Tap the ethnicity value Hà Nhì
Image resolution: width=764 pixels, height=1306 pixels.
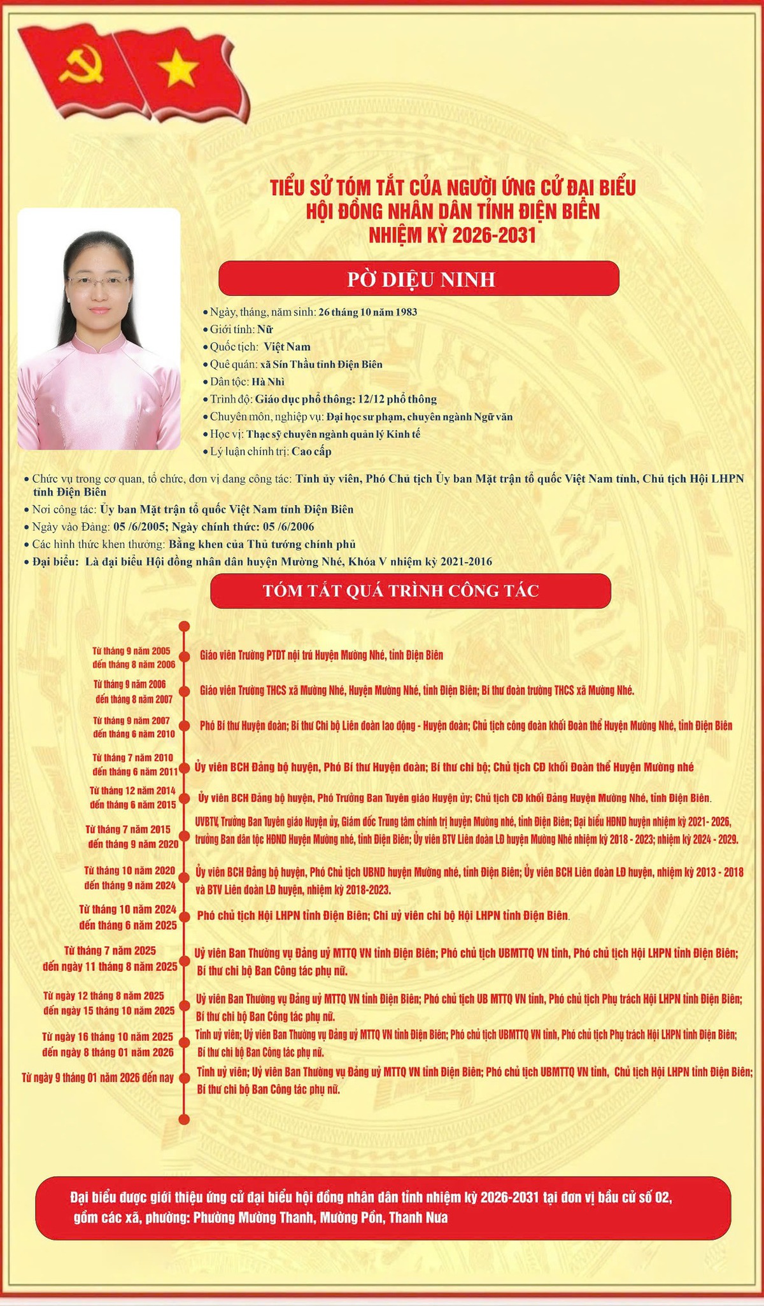268,382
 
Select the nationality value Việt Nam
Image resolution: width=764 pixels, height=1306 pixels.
287,347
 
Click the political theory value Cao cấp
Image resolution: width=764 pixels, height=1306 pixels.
311,452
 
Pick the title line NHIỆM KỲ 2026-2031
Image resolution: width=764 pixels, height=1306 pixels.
453,235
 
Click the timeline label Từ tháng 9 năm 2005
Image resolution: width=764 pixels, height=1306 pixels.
131,651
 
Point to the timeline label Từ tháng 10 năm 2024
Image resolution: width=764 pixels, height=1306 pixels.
128,910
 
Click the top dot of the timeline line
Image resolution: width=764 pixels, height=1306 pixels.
185,626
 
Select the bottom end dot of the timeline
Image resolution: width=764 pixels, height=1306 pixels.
185,1120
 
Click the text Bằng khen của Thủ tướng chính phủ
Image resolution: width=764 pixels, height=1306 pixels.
262,545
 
